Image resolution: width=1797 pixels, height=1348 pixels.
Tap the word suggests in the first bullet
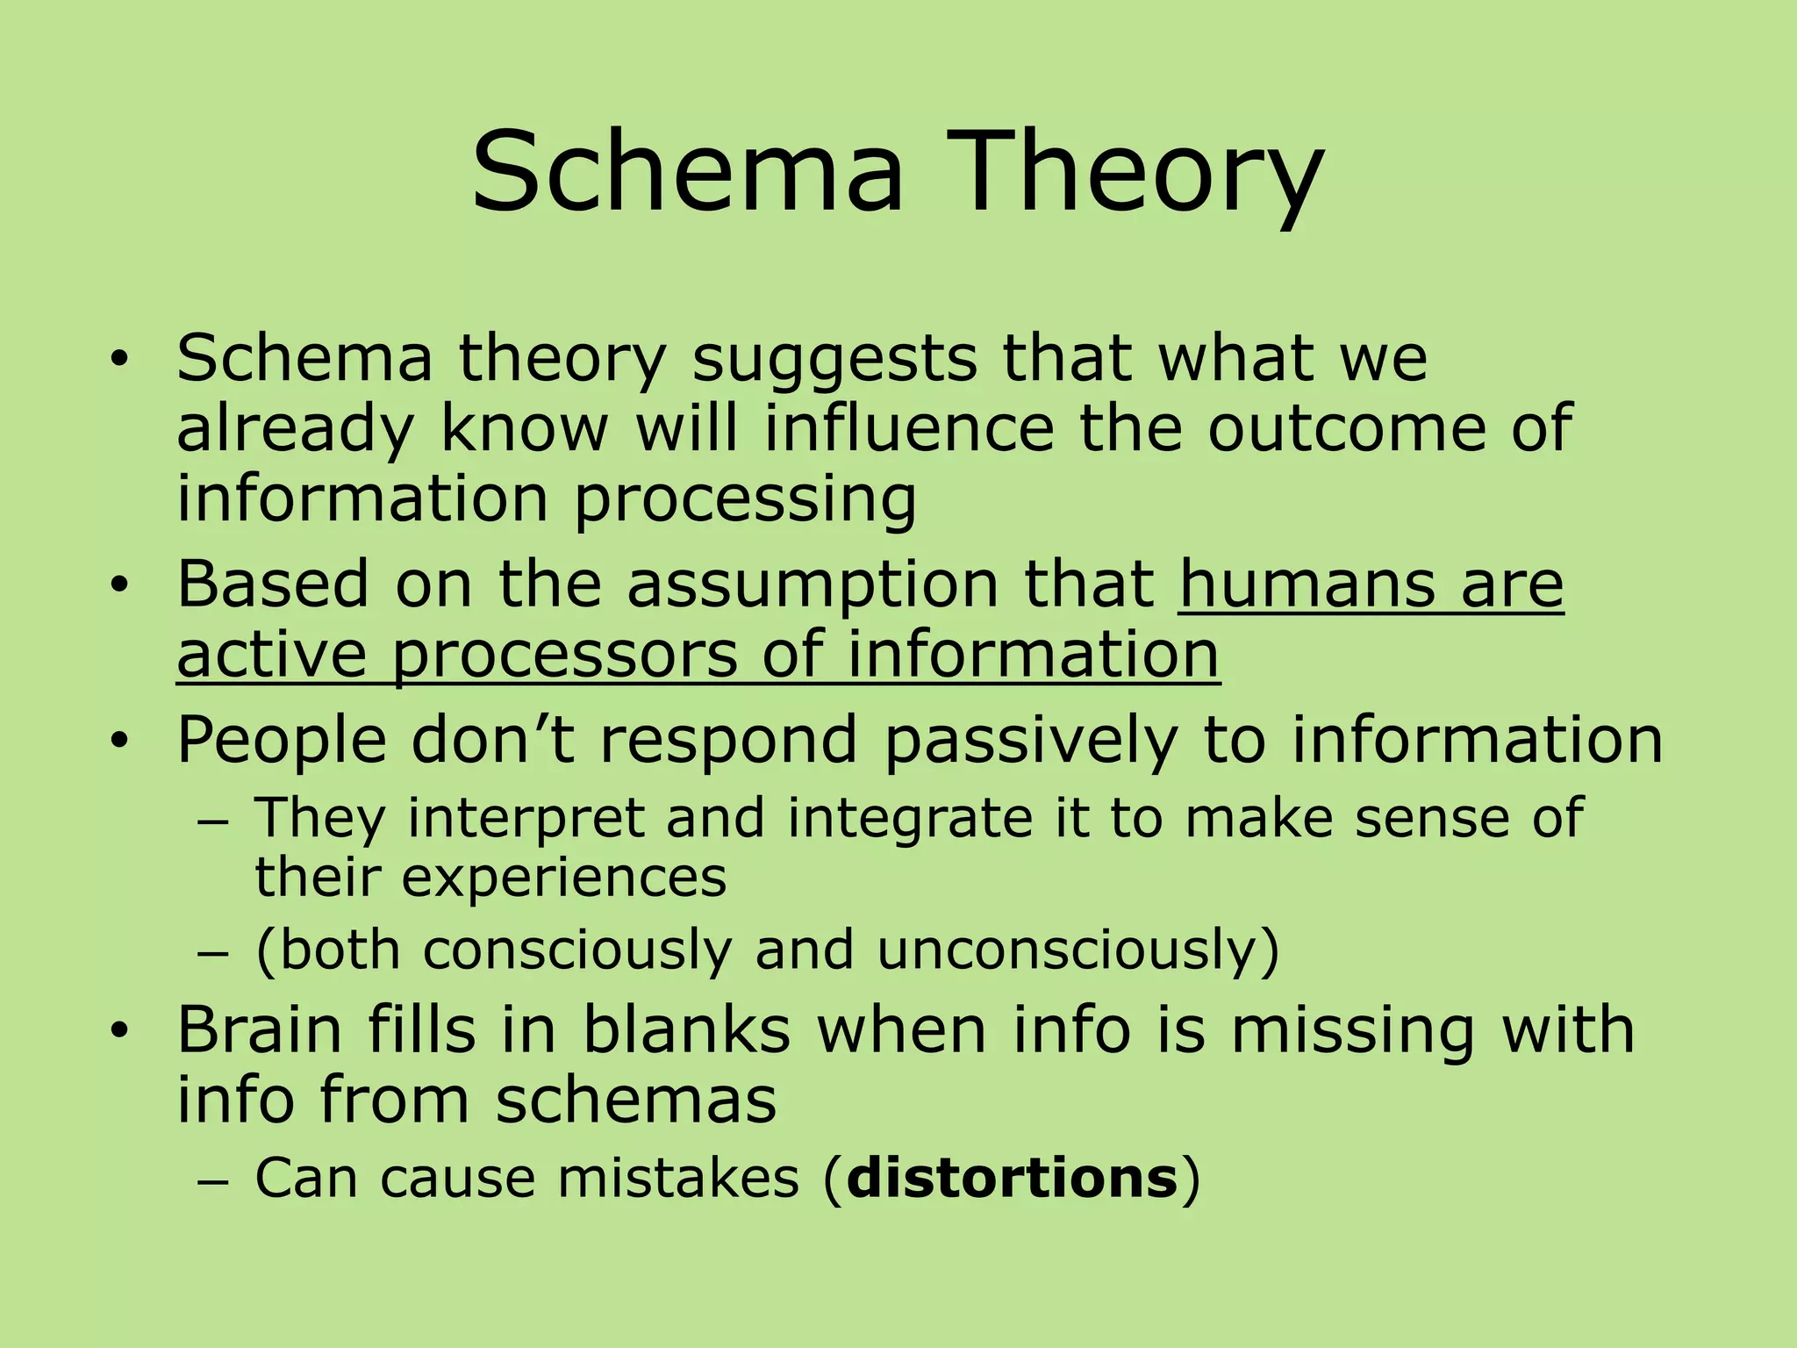point(834,359)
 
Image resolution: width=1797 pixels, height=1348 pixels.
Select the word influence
point(909,428)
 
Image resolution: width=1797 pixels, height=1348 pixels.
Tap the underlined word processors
point(564,655)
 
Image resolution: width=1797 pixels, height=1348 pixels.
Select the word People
point(282,740)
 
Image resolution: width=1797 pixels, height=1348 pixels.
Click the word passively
point(1030,740)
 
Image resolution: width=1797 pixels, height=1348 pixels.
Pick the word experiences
point(564,878)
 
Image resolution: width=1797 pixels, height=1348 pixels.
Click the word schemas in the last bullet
point(636,1100)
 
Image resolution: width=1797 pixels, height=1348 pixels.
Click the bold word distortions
point(1012,1178)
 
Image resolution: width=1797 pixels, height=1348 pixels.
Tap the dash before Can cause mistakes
point(211,1181)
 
